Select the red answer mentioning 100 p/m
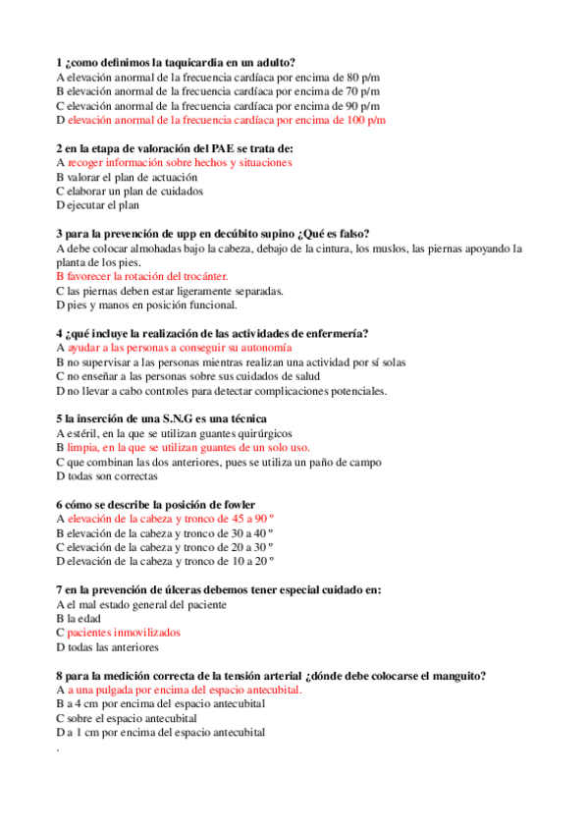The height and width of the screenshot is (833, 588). pos(226,120)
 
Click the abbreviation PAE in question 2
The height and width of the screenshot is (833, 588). pos(214,148)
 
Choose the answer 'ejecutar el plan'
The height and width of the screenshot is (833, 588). pos(103,206)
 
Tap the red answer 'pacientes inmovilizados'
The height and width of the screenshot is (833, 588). pos(124,634)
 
